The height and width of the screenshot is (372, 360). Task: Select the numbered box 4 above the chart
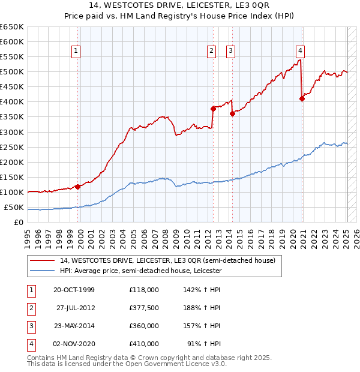(300, 52)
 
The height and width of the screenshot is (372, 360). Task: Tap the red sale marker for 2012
(213, 109)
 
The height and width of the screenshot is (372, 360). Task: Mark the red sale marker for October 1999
(78, 187)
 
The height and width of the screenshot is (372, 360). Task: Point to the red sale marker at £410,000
(302, 99)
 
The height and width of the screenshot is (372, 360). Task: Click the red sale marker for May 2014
(232, 114)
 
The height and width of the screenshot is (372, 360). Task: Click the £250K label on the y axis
(13, 147)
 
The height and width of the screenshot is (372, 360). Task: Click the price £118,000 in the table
(144, 290)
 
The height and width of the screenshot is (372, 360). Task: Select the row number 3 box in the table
(29, 326)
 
